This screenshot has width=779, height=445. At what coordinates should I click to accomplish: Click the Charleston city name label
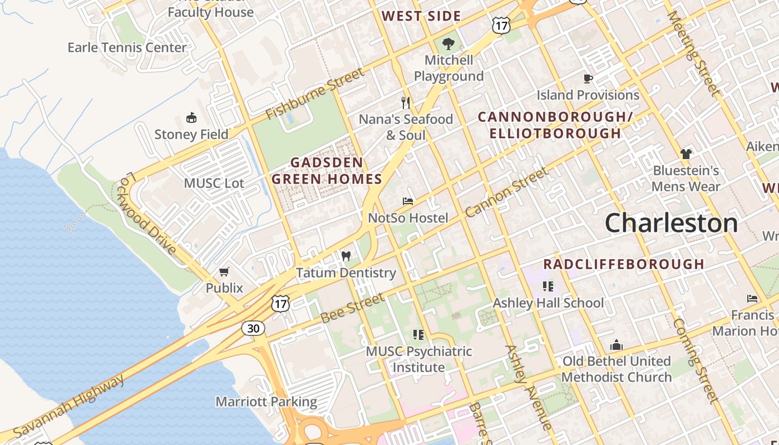(x=671, y=223)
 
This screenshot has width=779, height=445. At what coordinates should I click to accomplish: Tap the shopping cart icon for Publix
(x=224, y=271)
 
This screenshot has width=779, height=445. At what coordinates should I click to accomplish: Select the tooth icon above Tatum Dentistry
(x=346, y=256)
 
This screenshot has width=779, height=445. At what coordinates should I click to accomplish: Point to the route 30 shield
(x=253, y=328)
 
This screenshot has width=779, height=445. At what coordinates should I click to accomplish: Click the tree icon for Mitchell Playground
(x=448, y=43)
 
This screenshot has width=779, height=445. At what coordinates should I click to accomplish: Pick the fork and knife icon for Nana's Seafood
(x=406, y=102)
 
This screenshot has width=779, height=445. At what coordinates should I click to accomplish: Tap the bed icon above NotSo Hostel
(x=408, y=201)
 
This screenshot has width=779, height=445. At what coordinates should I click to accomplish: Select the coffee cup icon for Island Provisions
(x=588, y=78)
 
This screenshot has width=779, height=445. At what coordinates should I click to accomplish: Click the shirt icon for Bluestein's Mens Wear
(x=686, y=154)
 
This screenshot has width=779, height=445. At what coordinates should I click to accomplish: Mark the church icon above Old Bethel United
(x=616, y=345)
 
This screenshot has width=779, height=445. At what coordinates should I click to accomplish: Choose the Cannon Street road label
(x=506, y=192)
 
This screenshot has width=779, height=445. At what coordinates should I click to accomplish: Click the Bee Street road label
(x=353, y=308)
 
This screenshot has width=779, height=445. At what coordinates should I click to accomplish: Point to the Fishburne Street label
(x=314, y=93)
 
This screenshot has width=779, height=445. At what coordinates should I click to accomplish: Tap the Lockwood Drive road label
(x=147, y=212)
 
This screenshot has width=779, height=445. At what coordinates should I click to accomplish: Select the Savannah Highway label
(x=70, y=406)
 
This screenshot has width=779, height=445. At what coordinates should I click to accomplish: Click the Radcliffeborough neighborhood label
(x=624, y=264)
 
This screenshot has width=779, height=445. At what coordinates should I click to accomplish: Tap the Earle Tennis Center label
(x=127, y=47)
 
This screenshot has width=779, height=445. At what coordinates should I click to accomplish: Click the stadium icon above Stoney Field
(x=191, y=117)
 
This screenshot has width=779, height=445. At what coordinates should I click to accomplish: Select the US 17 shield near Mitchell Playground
(x=501, y=24)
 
